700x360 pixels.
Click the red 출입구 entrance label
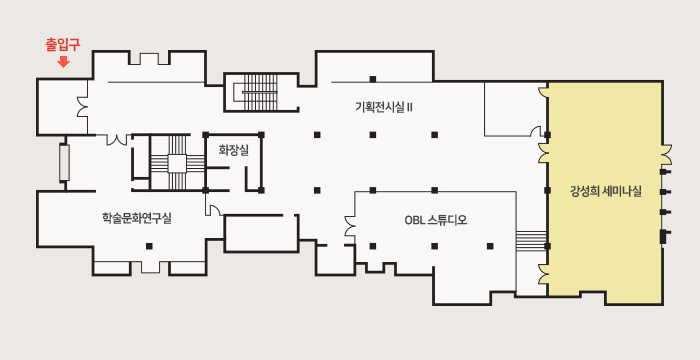pyautogui.click(x=63, y=45)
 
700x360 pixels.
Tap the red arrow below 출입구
pyautogui.click(x=64, y=62)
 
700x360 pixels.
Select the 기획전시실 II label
pyautogui.click(x=383, y=107)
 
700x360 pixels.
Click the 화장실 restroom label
pyautogui.click(x=233, y=150)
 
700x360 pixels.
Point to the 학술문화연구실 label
pyautogui.click(x=137, y=218)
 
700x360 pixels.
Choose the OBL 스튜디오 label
pyautogui.click(x=436, y=220)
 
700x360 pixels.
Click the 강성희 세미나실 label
pyautogui.click(x=606, y=192)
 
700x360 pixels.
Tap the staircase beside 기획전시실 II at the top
pyautogui.click(x=260, y=92)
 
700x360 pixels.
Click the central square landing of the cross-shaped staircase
pyautogui.click(x=177, y=163)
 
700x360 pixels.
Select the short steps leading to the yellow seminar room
pyautogui.click(x=531, y=241)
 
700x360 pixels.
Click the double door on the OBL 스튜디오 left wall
pyautogui.click(x=350, y=226)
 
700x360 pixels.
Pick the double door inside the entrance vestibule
pyautogui.click(x=83, y=107)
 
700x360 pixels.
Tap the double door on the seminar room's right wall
pyautogui.click(x=666, y=154)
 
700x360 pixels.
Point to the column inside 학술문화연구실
pyautogui.click(x=149, y=246)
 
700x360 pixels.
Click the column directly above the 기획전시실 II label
pyautogui.click(x=373, y=79)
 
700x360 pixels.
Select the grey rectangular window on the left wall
pyautogui.click(x=64, y=163)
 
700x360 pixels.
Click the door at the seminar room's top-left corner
pyautogui.click(x=543, y=92)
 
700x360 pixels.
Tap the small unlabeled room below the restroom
pyautogui.click(x=261, y=234)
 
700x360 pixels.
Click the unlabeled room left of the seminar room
pyautogui.click(x=516, y=109)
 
